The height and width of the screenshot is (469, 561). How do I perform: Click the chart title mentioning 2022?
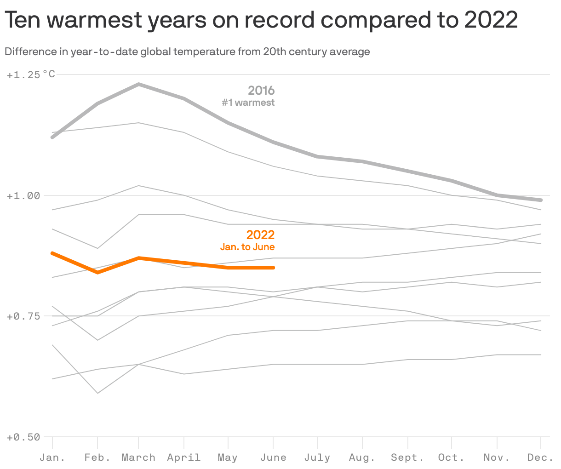(261, 20)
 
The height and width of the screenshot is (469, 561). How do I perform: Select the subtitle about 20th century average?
(187, 51)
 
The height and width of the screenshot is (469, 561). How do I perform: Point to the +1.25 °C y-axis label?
(31, 74)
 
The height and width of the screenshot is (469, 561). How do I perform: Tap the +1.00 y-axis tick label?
(23, 195)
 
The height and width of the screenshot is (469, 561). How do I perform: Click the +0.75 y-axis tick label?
(23, 316)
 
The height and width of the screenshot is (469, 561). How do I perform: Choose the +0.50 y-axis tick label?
(23, 437)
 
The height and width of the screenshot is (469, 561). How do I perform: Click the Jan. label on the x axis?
(52, 458)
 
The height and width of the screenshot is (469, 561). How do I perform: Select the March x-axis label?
(138, 458)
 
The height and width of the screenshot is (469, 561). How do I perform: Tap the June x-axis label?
(274, 458)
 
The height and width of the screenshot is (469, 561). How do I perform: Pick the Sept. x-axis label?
(407, 458)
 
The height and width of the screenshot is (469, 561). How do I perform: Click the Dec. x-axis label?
(540, 458)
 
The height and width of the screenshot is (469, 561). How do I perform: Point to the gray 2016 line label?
(261, 90)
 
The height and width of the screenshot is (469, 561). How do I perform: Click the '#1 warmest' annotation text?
(248, 103)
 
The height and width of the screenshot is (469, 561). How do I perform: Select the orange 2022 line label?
(260, 235)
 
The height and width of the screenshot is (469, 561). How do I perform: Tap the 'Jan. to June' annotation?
(247, 247)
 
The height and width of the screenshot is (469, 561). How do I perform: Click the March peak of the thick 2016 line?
(138, 84)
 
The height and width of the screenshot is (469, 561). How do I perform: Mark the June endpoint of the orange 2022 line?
(274, 268)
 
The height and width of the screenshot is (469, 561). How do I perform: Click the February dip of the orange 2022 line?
(97, 273)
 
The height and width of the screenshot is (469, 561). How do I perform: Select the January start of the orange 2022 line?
(52, 253)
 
